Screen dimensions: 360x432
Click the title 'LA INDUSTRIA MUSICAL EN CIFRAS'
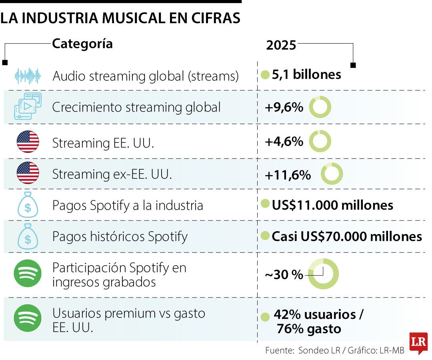click(x=120, y=18)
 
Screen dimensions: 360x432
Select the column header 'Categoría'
click(x=82, y=44)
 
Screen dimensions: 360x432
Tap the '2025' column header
click(x=281, y=45)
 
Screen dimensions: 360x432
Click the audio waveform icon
click(x=28, y=76)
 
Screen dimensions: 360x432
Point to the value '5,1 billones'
click(x=306, y=75)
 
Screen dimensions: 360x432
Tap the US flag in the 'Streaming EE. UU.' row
click(x=28, y=142)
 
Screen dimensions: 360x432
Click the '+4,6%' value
click(x=284, y=142)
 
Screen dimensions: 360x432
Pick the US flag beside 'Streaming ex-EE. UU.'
click(x=28, y=173)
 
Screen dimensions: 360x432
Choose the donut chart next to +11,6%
click(x=332, y=174)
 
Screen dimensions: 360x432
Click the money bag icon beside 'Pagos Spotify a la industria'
click(x=28, y=205)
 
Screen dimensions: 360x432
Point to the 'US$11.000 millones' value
click(x=332, y=205)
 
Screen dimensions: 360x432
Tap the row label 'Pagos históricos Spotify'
click(x=120, y=236)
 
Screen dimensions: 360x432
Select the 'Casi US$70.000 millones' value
click(x=347, y=236)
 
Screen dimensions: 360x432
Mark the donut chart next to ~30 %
click(x=323, y=274)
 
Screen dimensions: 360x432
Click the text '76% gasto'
click(x=308, y=329)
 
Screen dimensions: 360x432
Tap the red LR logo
click(x=418, y=342)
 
